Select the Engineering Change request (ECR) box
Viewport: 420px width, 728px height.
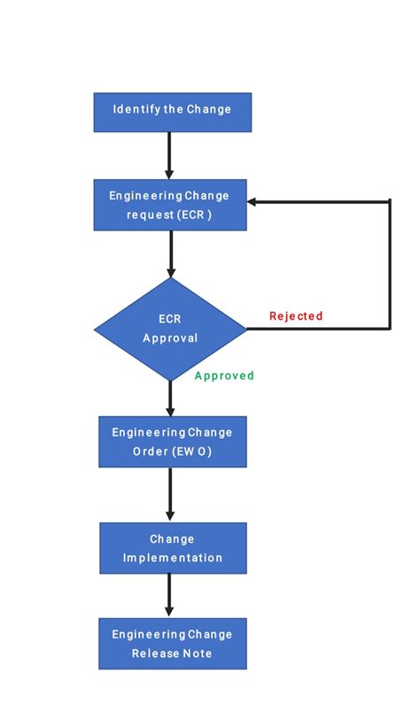click(x=170, y=204)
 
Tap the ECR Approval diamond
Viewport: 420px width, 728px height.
click(x=170, y=329)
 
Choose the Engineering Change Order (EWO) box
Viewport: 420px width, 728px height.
click(x=172, y=442)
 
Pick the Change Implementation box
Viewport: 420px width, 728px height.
click(x=172, y=547)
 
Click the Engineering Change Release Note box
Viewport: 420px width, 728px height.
click(x=172, y=643)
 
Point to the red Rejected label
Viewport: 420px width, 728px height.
click(x=296, y=316)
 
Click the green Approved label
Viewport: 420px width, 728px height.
click(x=224, y=376)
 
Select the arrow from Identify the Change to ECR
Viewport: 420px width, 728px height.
click(x=168, y=155)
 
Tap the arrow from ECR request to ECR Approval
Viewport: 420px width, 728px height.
click(x=170, y=254)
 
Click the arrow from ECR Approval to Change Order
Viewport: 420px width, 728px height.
click(x=170, y=398)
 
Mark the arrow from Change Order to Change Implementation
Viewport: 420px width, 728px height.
click(x=170, y=494)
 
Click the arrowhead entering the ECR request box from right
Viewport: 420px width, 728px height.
click(x=253, y=202)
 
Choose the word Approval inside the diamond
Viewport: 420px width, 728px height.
click(x=170, y=338)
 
